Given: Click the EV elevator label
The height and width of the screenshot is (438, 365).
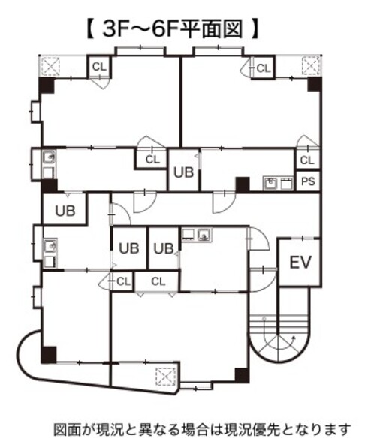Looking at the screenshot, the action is (x=300, y=262).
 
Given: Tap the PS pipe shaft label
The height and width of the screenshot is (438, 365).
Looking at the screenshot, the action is (x=308, y=181).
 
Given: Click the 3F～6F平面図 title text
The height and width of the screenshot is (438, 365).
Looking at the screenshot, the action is (x=172, y=28).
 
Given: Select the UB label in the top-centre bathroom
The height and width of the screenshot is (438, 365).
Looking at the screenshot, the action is (x=183, y=172).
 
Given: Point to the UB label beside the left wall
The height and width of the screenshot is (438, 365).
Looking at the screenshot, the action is (x=65, y=211).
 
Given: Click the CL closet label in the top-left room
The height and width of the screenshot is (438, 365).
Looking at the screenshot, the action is (x=99, y=67).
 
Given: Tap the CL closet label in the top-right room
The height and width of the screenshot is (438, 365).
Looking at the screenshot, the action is (x=264, y=68).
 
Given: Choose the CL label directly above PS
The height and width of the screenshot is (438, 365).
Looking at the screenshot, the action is (x=307, y=160).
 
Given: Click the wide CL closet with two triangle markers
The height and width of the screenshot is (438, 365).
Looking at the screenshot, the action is (x=158, y=281).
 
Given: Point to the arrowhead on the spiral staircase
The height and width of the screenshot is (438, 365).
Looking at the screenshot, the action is (x=294, y=338).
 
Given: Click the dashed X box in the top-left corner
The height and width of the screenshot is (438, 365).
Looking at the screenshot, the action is (x=50, y=66).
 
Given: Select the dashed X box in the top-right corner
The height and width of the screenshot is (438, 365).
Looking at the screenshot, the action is (x=311, y=66).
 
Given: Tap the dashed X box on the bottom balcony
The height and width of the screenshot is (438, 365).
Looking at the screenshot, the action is (x=166, y=376).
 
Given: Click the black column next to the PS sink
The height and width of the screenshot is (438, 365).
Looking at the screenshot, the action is (x=243, y=184).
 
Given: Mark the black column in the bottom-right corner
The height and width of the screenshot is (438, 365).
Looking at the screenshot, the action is (x=242, y=376).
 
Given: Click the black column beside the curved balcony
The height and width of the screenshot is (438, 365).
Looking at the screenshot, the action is (x=48, y=355).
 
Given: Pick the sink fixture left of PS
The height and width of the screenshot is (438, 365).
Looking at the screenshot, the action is (x=270, y=184).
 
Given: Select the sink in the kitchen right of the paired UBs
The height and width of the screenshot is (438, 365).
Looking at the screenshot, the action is (x=204, y=235).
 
